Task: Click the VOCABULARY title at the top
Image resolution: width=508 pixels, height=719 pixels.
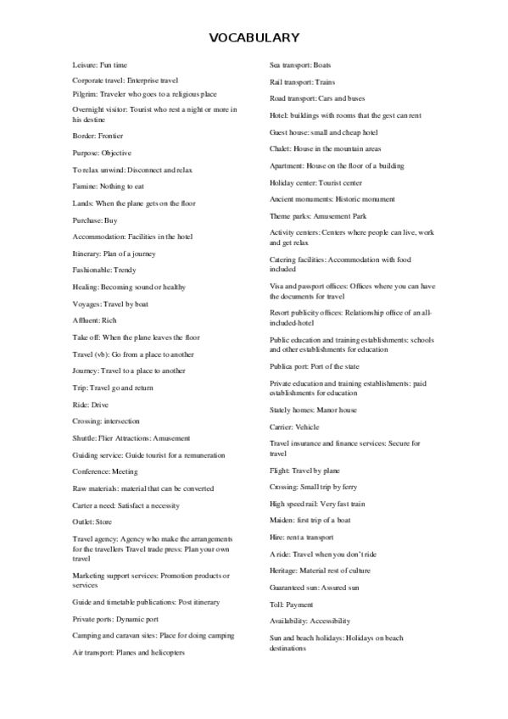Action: point(254,37)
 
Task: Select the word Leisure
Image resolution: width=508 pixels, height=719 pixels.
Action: point(85,64)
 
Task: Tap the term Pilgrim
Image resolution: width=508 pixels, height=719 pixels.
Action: point(85,94)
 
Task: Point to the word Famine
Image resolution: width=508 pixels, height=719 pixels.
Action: point(85,187)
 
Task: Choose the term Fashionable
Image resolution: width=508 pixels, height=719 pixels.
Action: point(92,270)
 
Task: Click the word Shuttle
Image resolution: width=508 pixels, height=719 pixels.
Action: point(85,438)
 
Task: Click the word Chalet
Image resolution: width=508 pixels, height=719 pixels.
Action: point(280,148)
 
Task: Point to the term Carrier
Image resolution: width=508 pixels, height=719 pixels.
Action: point(282,426)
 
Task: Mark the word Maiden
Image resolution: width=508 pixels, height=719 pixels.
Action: point(281,520)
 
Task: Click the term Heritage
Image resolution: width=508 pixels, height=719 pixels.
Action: point(283,571)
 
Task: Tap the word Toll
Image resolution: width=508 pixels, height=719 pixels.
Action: point(276,605)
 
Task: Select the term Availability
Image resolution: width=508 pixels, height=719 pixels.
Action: point(288,621)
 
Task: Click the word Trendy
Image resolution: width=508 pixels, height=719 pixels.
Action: point(125,270)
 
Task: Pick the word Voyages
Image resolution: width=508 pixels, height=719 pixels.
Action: point(87,304)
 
